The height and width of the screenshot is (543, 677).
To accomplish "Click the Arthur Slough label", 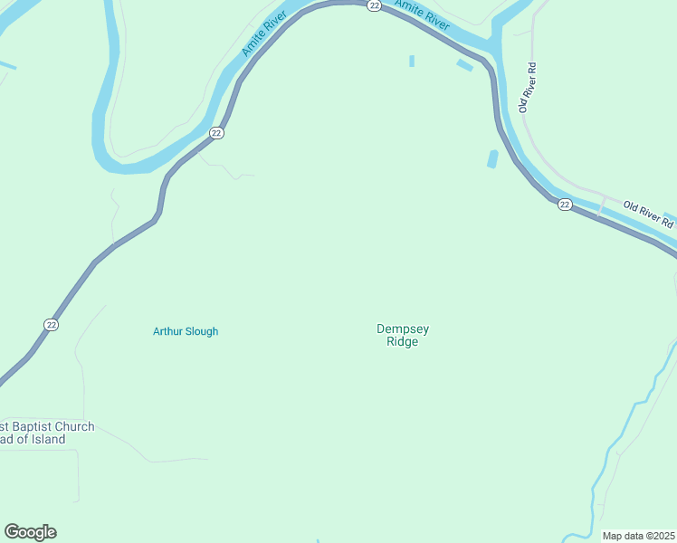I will (186, 331).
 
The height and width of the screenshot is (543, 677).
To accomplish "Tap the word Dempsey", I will (403, 329).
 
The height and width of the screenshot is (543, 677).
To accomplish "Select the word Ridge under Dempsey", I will (403, 342).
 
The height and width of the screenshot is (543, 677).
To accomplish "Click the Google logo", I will (30, 532).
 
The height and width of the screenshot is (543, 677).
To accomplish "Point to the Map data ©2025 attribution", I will (638, 536).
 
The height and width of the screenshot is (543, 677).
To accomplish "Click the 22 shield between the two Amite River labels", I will (374, 5).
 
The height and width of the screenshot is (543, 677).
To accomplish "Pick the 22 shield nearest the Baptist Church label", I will (52, 325).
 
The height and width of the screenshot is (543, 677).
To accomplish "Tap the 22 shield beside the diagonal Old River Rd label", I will (565, 205).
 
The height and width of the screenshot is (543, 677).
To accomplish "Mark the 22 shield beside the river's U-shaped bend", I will (215, 133).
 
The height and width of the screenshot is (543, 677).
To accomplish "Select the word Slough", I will (202, 331).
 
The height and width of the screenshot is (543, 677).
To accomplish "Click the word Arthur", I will (168, 331).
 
